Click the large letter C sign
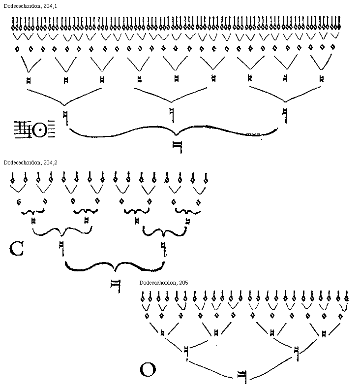click(16, 249)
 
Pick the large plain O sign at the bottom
click(148, 369)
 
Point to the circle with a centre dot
click(40, 130)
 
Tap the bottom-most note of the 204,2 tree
click(116, 286)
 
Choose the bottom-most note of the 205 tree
click(241, 376)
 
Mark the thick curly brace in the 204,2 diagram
click(115, 268)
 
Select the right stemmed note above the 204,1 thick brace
click(285, 115)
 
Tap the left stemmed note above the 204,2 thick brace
click(62, 248)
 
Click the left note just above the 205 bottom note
click(186, 353)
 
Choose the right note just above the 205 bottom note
click(297, 353)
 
